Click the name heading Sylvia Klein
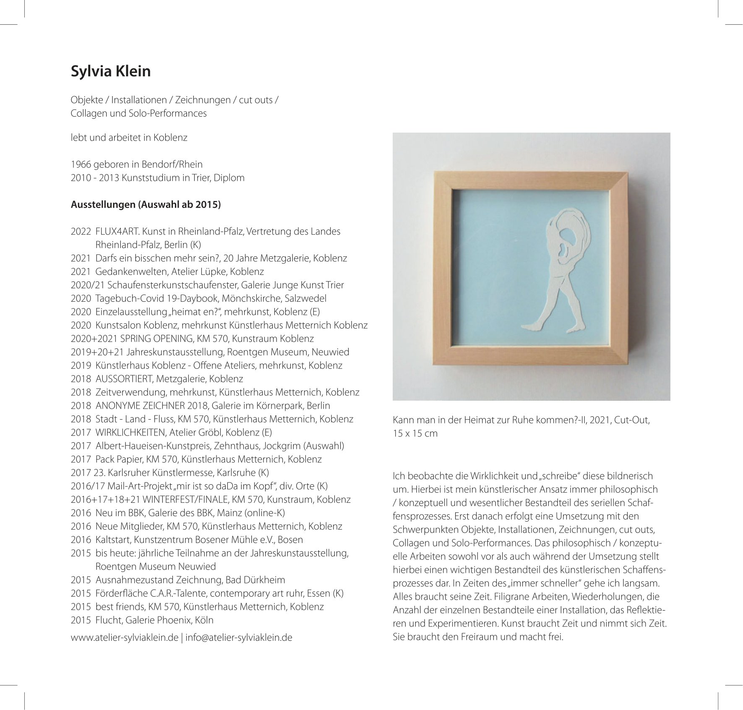[x=110, y=71]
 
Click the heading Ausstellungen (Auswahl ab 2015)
[x=146, y=205]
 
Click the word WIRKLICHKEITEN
[x=131, y=432]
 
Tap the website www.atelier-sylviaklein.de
[x=125, y=638]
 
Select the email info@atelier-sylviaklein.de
[x=239, y=638]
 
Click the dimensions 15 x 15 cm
[x=415, y=433]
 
